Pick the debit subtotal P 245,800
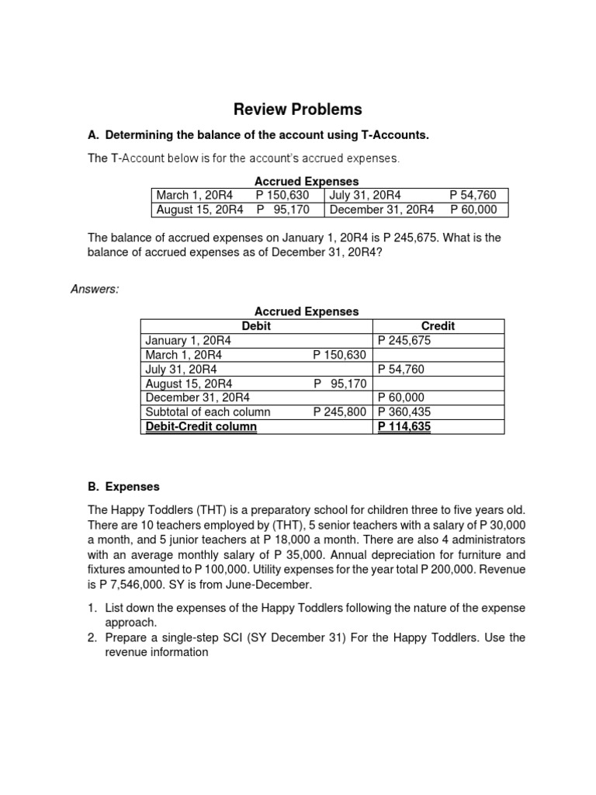pyautogui.click(x=339, y=412)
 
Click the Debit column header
pyautogui.click(x=256, y=326)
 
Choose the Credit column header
pyautogui.click(x=438, y=326)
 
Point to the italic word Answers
pyautogui.click(x=95, y=289)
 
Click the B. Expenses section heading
pyautogui.click(x=123, y=487)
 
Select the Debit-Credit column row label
pyautogui.click(x=201, y=426)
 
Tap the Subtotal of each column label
pyautogui.click(x=208, y=412)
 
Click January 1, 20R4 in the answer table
pyautogui.click(x=189, y=340)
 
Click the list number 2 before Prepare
pyautogui.click(x=93, y=637)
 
